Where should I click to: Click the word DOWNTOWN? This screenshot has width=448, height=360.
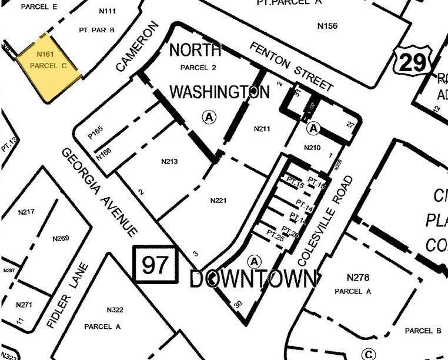(253, 279)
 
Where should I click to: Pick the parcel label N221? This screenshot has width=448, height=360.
(218, 200)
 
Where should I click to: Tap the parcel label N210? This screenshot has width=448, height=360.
(312, 147)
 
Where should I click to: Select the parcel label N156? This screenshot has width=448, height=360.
(327, 25)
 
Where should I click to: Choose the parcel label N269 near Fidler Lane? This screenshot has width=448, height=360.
(61, 238)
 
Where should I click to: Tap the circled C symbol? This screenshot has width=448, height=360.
(369, 354)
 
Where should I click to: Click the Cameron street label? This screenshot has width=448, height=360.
(138, 46)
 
